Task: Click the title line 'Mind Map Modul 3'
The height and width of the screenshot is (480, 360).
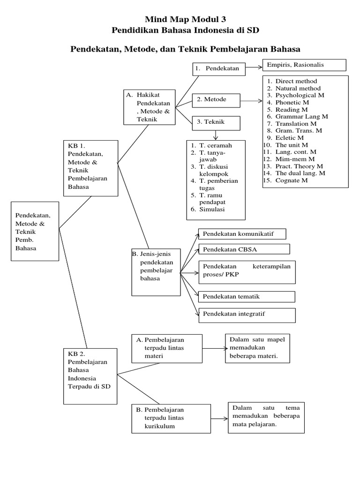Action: (x=185, y=19)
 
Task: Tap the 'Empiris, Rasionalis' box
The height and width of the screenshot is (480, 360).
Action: (x=305, y=65)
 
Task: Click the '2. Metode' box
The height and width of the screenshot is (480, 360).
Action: (x=216, y=100)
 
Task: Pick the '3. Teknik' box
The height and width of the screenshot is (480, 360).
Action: (x=216, y=122)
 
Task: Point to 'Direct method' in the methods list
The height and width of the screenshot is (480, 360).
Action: (x=296, y=81)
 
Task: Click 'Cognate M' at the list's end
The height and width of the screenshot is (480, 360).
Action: (x=292, y=180)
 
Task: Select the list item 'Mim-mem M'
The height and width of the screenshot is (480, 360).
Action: (x=292, y=159)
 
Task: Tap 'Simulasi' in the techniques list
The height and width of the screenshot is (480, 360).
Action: (x=212, y=210)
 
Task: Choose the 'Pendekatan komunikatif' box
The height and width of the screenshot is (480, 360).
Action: (x=242, y=233)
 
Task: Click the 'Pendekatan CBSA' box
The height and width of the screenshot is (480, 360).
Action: (x=244, y=249)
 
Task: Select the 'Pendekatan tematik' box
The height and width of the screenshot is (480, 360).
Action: (x=247, y=297)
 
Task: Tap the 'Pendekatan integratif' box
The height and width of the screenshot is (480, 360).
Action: (x=247, y=315)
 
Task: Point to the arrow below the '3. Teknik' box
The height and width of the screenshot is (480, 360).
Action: (x=216, y=135)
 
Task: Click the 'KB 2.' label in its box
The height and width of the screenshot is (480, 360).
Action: (x=76, y=354)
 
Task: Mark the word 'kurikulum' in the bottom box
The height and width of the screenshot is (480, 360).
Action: (x=160, y=426)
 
